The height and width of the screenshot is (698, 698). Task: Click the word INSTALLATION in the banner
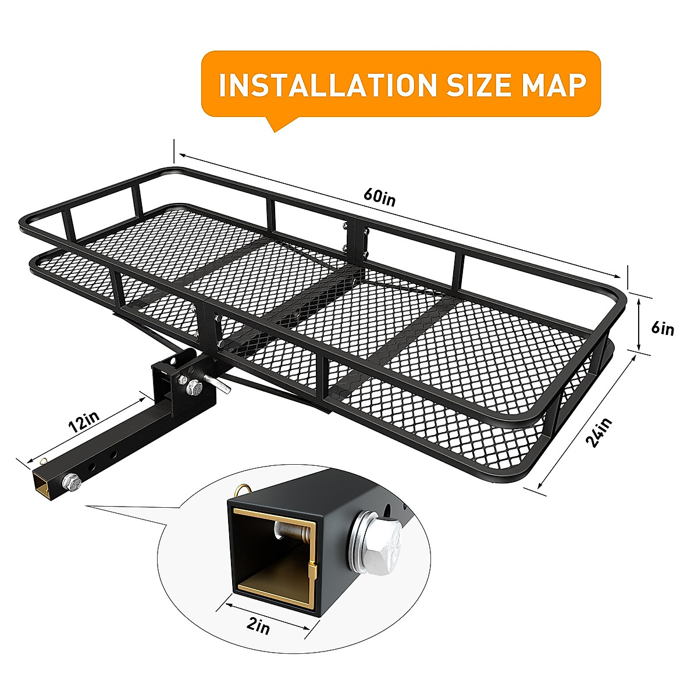327,85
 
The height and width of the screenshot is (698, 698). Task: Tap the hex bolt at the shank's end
72,481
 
